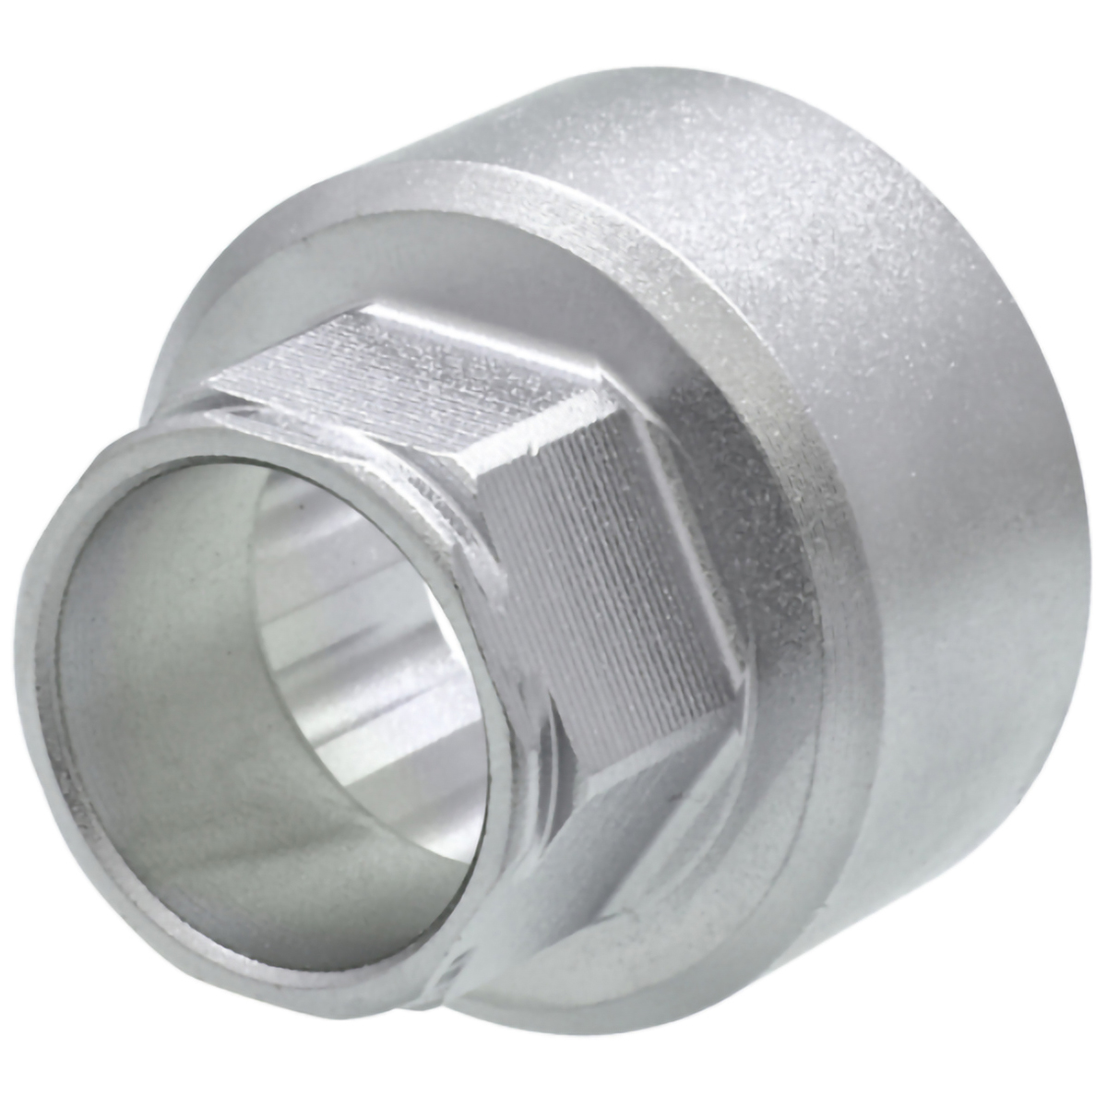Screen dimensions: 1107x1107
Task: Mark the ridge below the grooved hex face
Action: pyautogui.click(x=646, y=729)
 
